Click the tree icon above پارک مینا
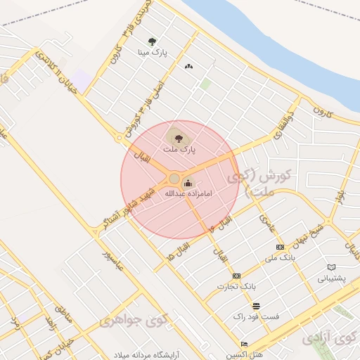153,41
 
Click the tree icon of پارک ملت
175,136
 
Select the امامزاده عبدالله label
188,192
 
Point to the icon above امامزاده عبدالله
187,183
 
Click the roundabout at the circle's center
174,178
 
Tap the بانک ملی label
278,259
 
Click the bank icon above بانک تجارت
236,276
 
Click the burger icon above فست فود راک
256,307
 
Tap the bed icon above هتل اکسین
244,344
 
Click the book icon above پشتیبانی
331,267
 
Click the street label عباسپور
115,260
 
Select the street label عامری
265,222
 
